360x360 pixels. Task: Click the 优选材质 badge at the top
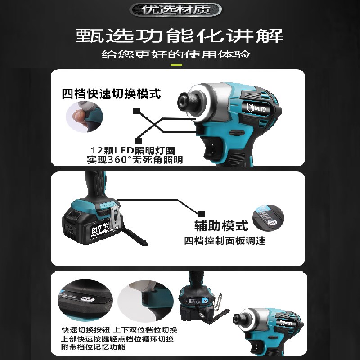pos(180,9)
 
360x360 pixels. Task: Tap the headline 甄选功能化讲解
pos(180,36)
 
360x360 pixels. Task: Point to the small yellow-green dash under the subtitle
pos(176,65)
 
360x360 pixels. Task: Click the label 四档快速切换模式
pos(112,94)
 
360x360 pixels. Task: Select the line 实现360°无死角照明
pos(135,160)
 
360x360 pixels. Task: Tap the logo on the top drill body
pos(255,107)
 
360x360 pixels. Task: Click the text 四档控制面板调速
pos(225,241)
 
